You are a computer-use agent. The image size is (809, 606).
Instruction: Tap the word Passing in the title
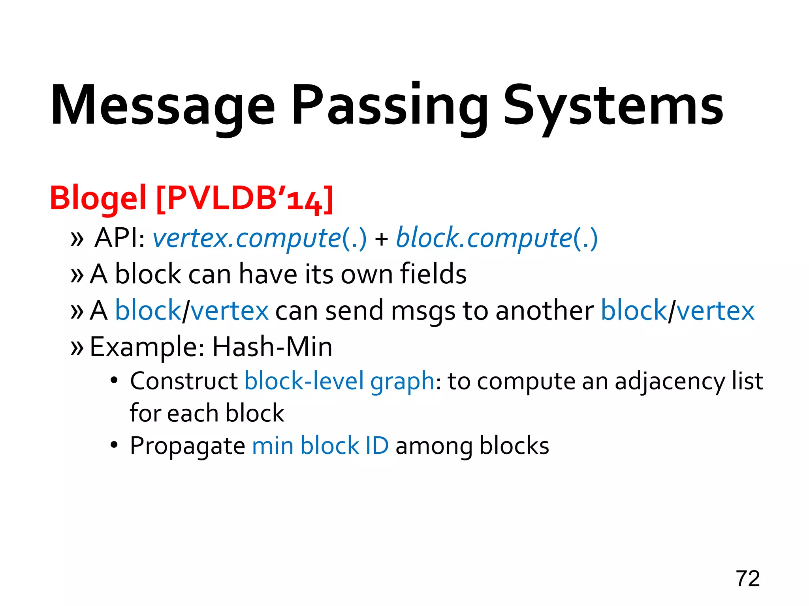click(x=389, y=106)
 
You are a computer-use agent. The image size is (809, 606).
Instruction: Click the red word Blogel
click(x=98, y=198)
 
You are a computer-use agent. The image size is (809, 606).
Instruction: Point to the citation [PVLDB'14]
click(x=245, y=198)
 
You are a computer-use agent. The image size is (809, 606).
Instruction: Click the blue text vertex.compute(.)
click(x=260, y=238)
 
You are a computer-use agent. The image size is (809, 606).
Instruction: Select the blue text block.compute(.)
click(x=497, y=238)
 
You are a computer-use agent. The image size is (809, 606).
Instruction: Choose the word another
click(x=544, y=310)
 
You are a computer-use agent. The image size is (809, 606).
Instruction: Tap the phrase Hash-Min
click(x=272, y=347)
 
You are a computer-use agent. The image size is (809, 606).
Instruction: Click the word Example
click(x=147, y=347)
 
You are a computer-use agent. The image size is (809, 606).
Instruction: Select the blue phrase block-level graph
click(x=339, y=382)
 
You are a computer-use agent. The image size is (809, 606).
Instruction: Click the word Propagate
click(x=188, y=446)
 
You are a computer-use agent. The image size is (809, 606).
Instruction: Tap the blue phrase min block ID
click(x=320, y=446)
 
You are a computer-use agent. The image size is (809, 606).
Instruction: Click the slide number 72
click(x=747, y=579)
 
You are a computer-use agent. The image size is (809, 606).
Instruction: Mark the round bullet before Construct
click(x=114, y=381)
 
